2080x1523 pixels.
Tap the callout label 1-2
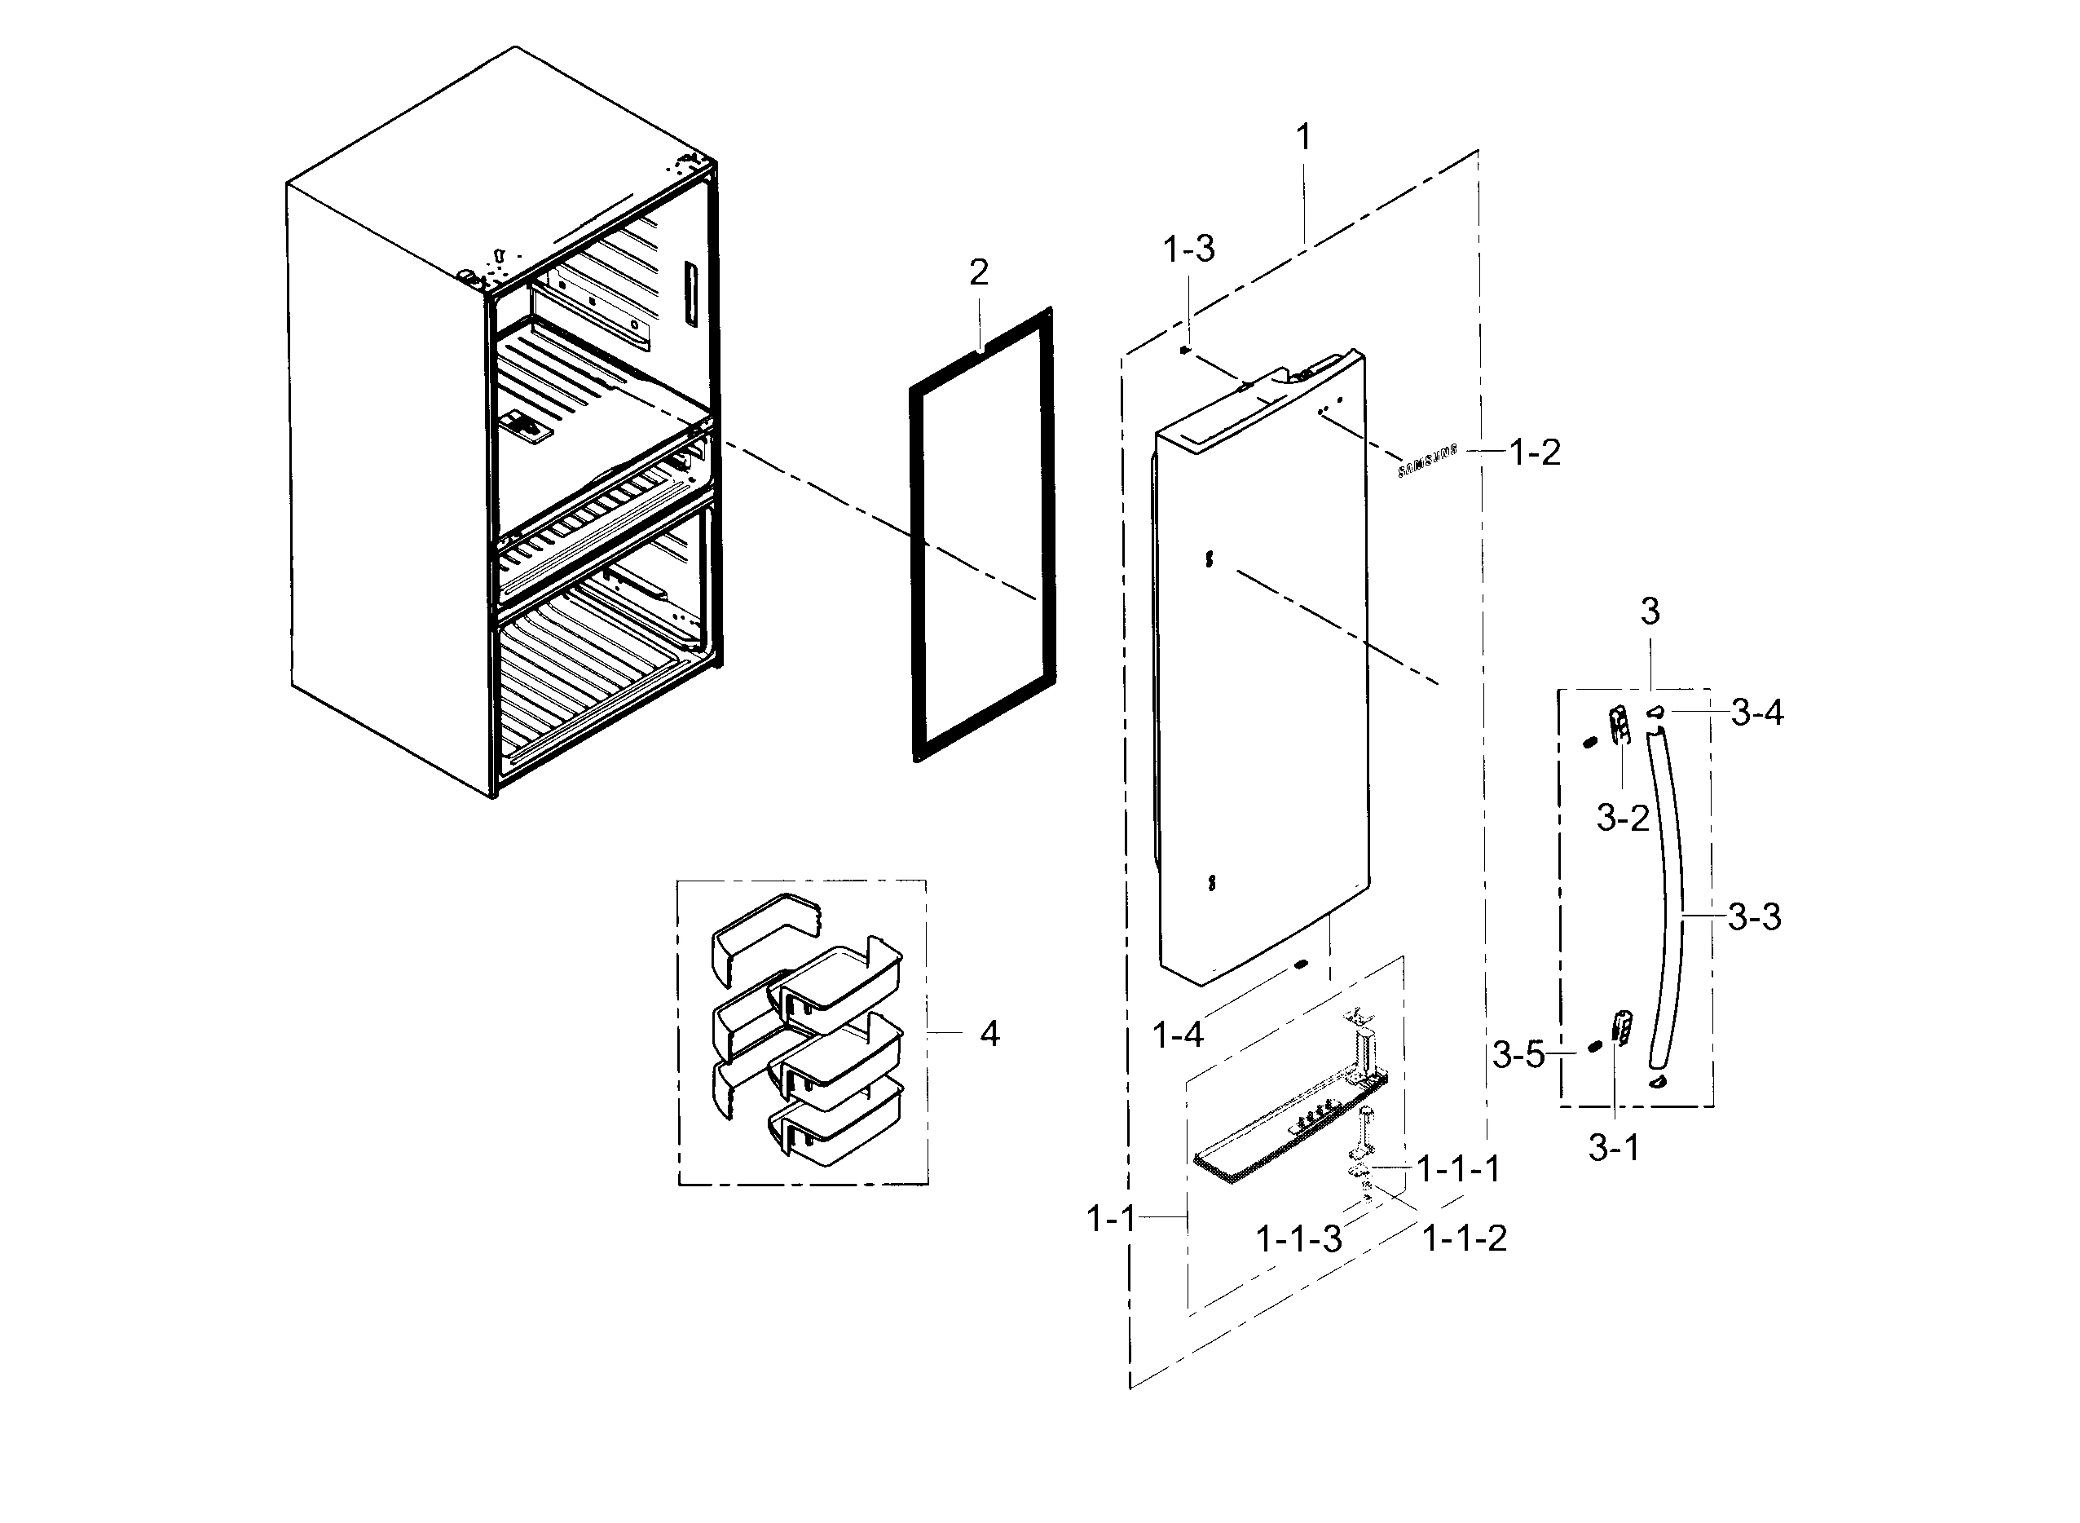click(x=1535, y=452)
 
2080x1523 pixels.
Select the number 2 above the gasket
click(x=979, y=272)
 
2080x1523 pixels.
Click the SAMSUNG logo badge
click(x=1427, y=460)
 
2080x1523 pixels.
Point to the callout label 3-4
click(x=1756, y=713)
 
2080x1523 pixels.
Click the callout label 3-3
click(x=1754, y=917)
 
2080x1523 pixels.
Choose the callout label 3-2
click(x=1622, y=818)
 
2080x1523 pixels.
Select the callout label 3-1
click(x=1614, y=1148)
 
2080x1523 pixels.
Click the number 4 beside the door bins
click(x=989, y=1035)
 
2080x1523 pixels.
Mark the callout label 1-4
click(x=1178, y=1035)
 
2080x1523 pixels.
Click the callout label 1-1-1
click(x=1458, y=1169)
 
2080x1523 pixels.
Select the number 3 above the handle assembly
click(x=1650, y=611)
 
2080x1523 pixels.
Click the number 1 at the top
click(x=1303, y=139)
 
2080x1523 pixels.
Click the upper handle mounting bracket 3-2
click(x=1619, y=724)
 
